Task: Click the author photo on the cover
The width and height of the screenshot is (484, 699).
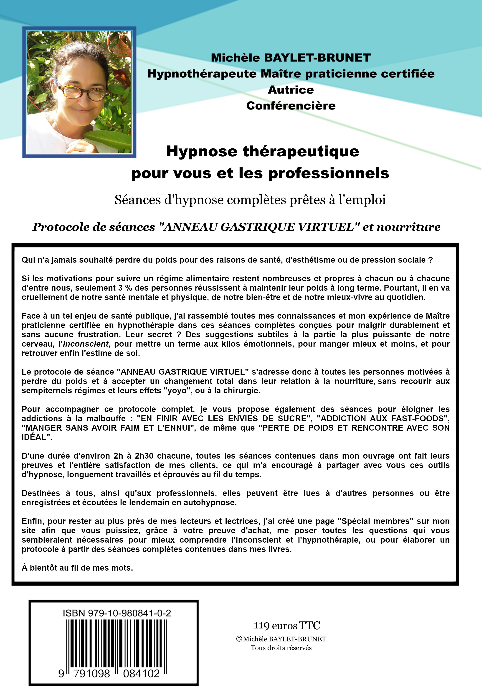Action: click(x=79, y=92)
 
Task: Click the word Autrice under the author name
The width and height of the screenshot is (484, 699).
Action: click(x=291, y=90)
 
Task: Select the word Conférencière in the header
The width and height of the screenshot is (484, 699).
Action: click(x=291, y=106)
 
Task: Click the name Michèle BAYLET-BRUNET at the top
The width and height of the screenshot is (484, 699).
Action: click(x=291, y=58)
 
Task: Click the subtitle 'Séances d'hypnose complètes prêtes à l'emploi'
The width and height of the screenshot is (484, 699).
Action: click(x=250, y=200)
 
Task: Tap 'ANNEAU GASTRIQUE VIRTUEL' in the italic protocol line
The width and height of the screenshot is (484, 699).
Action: click(x=259, y=227)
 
